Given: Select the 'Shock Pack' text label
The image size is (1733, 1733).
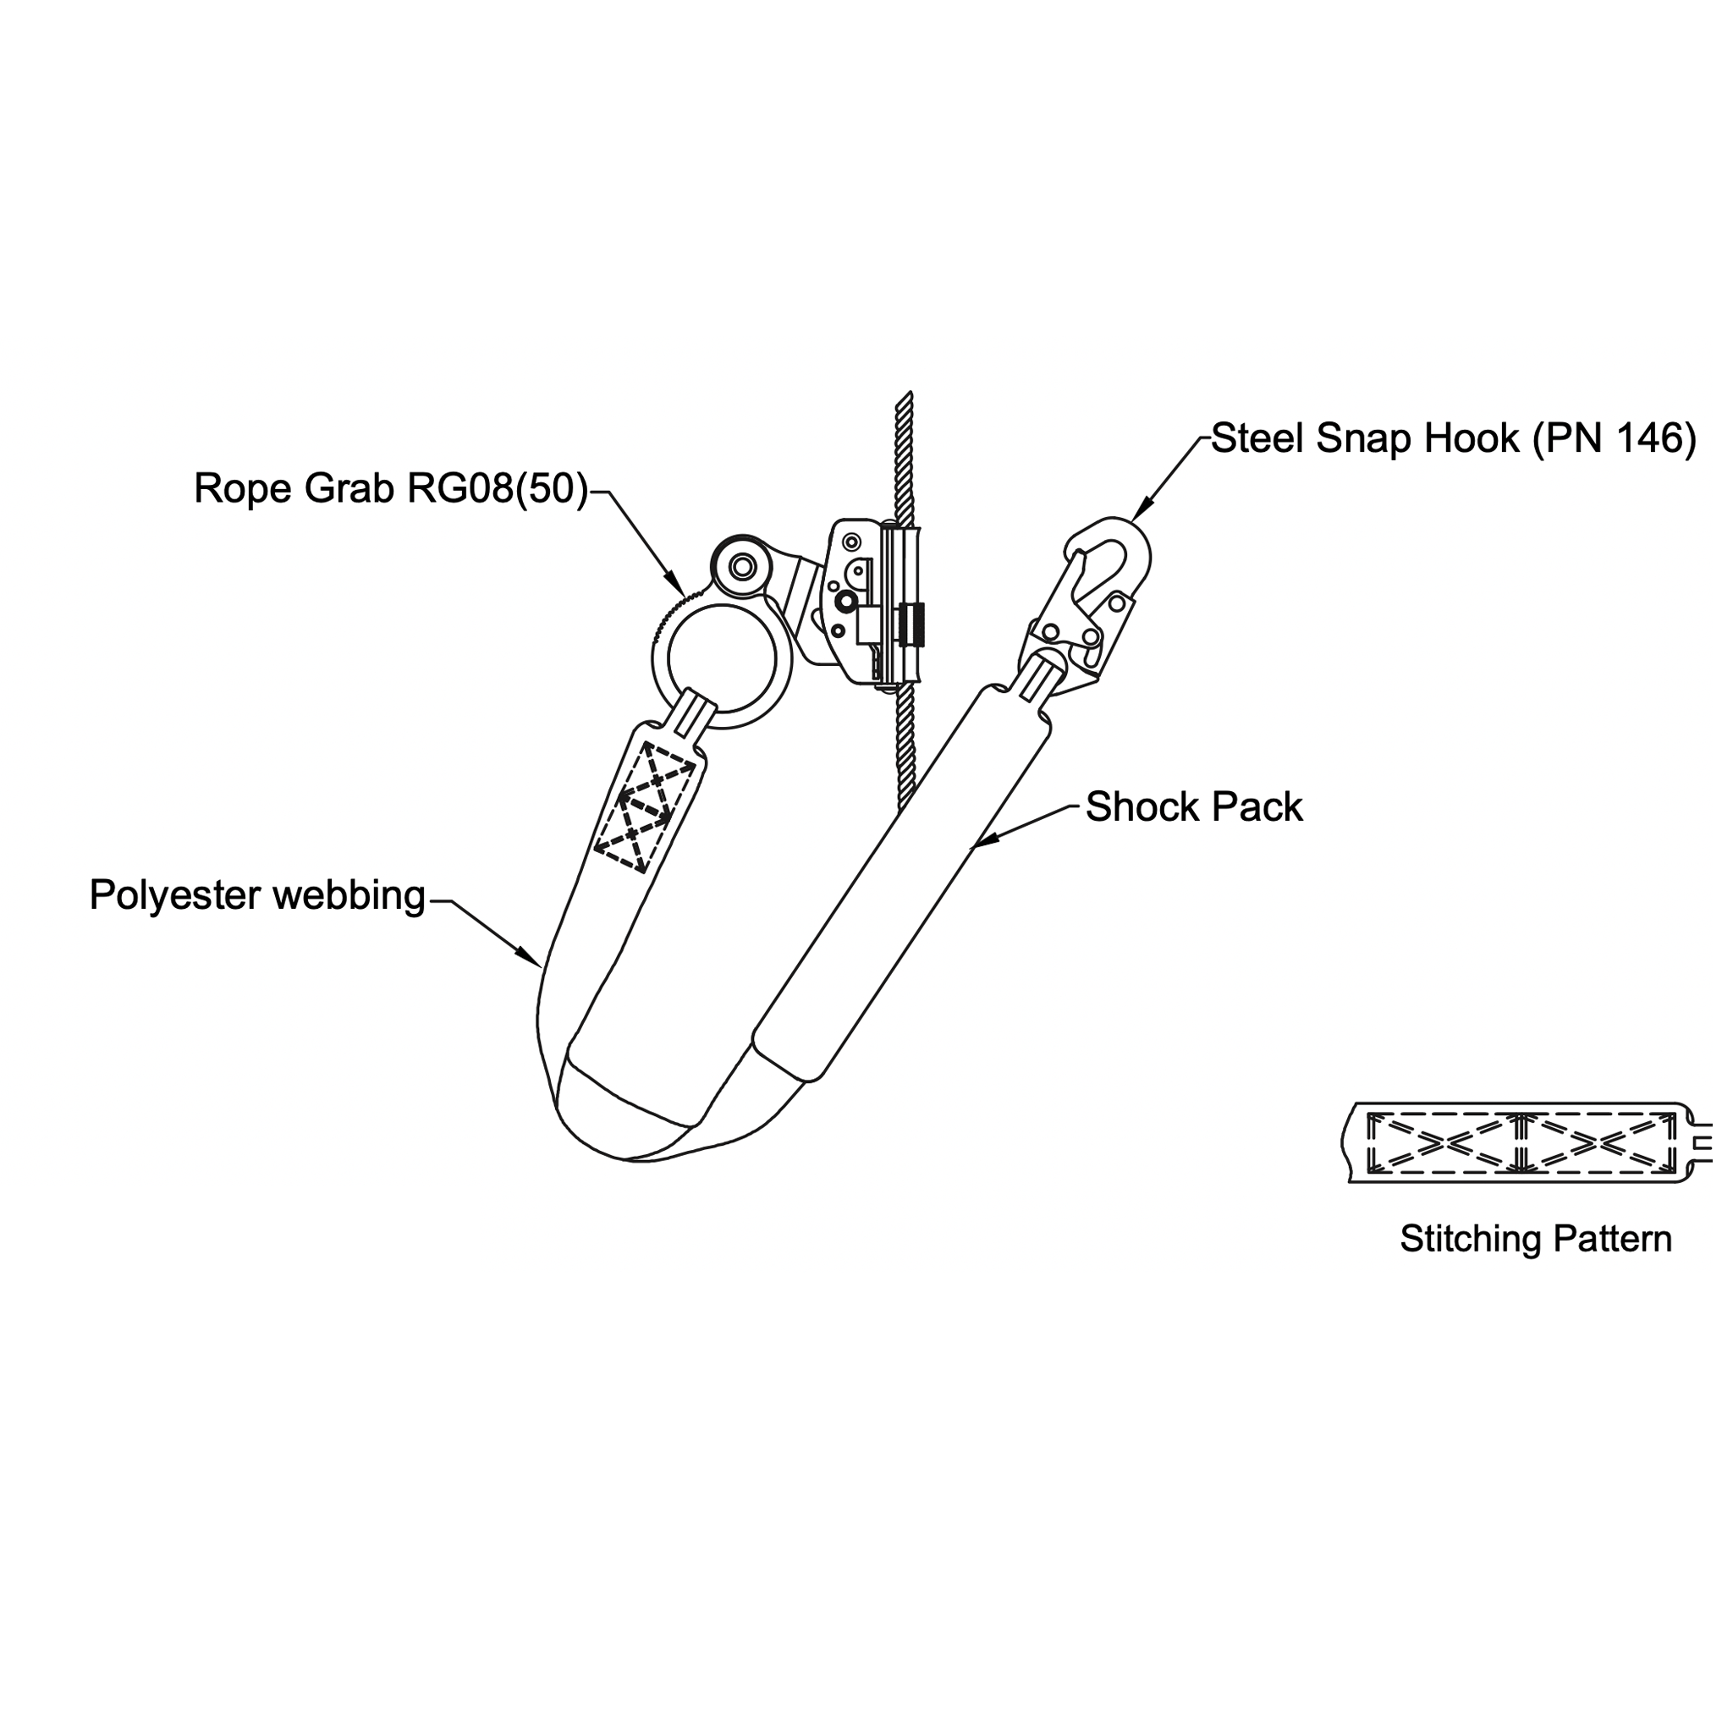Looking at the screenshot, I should (x=1193, y=808).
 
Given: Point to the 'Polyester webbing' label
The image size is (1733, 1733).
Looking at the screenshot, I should (x=257, y=896).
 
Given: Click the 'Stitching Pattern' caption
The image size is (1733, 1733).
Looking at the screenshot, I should (x=1536, y=1239).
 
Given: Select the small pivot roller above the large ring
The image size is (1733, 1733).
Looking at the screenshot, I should (x=742, y=566).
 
